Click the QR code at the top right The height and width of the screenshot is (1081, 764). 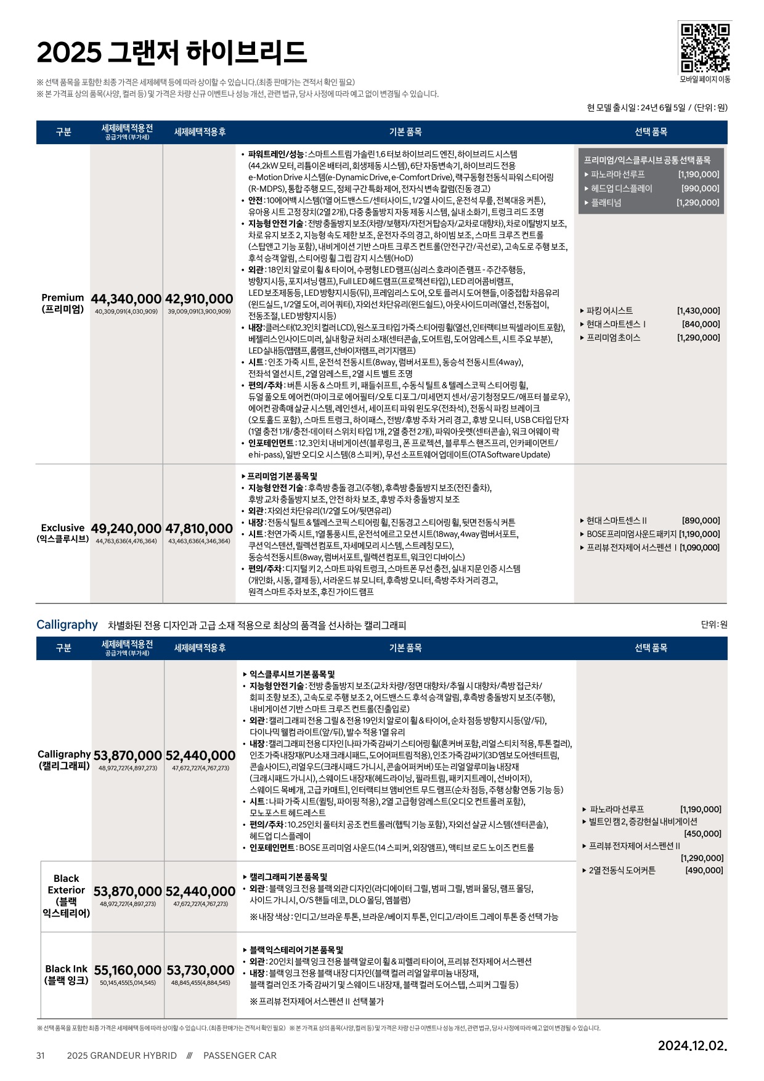[705, 47]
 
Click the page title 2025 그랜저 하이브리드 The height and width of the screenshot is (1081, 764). [171, 52]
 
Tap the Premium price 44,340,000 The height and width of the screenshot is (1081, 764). [126, 299]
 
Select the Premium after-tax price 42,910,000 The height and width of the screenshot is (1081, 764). [199, 299]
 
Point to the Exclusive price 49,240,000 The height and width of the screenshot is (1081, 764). [126, 529]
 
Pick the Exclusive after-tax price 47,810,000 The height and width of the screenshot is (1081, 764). [199, 529]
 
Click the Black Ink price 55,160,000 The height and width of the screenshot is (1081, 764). [128, 971]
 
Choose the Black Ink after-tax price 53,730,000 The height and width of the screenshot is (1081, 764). [200, 971]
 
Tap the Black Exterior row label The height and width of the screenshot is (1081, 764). [67, 895]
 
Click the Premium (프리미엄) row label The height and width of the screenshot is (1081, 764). [63, 303]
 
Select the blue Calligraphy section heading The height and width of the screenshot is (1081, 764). [67, 624]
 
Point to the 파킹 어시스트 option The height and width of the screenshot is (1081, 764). [610, 311]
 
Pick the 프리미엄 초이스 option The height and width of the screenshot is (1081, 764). [614, 338]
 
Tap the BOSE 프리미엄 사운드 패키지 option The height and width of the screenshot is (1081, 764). [632, 534]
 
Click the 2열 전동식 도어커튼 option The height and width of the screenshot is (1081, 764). [622, 870]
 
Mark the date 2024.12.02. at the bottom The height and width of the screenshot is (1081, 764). [692, 1045]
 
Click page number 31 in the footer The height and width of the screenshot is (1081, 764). [41, 1055]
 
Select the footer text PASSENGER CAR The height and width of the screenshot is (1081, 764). [240, 1055]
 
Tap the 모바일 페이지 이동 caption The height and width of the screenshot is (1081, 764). [705, 80]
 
